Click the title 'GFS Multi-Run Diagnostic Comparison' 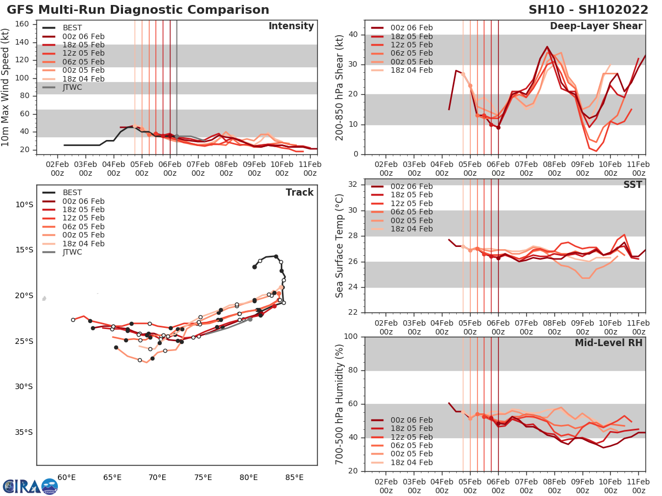point(138,10)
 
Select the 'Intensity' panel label point(291,26)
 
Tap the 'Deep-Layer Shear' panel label point(596,26)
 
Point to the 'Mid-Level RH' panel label point(608,342)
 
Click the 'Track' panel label point(300,192)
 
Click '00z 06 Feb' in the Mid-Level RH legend point(410,420)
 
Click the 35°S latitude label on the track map point(24,432)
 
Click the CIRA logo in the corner point(30,487)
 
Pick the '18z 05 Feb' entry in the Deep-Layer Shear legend point(410,36)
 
